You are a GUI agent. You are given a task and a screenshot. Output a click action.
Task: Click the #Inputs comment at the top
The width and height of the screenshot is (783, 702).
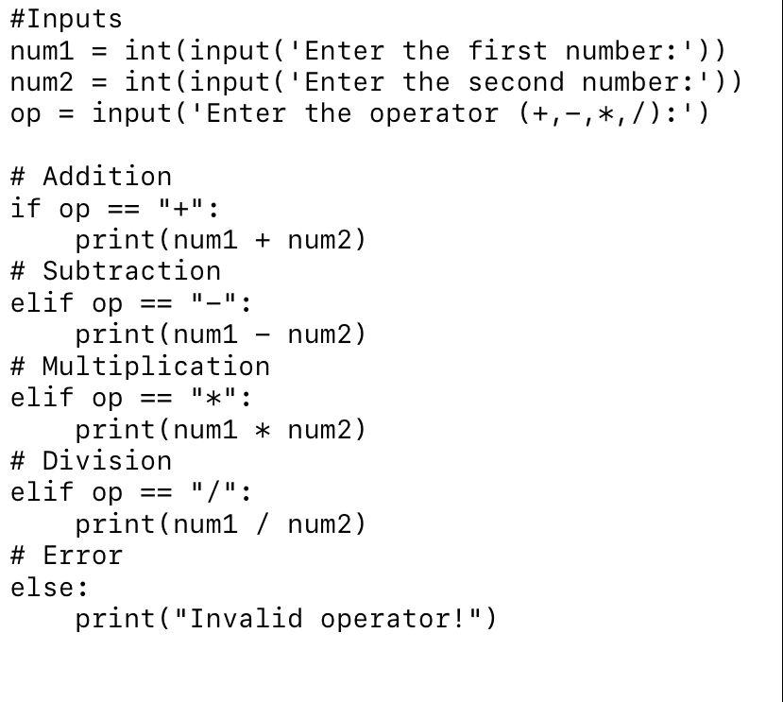[x=66, y=19]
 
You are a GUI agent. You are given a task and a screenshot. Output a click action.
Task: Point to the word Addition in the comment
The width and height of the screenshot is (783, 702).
[x=107, y=177]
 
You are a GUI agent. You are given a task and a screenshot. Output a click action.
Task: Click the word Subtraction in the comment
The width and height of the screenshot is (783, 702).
[x=131, y=271]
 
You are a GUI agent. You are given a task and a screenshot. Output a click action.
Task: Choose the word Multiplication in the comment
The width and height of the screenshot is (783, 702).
[x=156, y=366]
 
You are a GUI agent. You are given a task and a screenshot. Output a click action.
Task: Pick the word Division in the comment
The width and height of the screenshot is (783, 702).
[x=107, y=460]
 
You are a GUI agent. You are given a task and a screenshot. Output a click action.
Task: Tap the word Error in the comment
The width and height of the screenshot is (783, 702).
[x=82, y=555]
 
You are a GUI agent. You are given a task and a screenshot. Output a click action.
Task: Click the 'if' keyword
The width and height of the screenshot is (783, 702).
[x=26, y=208]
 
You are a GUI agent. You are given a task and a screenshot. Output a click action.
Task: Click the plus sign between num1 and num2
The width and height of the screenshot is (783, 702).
[x=263, y=240]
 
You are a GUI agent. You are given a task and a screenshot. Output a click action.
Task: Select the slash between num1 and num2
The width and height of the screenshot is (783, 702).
[x=263, y=524]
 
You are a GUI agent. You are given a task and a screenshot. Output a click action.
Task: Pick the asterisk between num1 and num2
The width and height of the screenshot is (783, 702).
[x=263, y=430]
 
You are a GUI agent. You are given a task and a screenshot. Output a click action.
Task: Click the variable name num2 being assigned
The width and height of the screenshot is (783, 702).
[x=42, y=82]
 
